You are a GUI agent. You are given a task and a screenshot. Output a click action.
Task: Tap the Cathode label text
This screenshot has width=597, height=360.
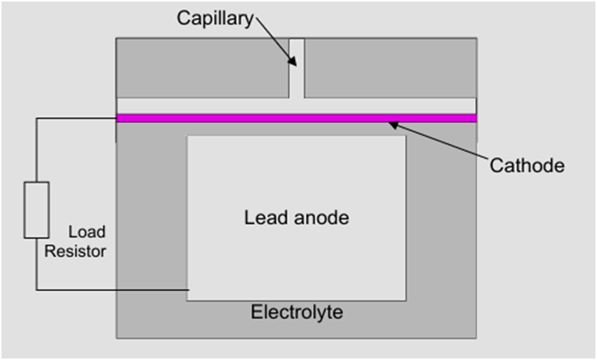[528, 165]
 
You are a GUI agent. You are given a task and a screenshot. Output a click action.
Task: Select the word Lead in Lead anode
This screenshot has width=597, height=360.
[260, 218]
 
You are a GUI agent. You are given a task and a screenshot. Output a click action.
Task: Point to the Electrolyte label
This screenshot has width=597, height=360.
[297, 313]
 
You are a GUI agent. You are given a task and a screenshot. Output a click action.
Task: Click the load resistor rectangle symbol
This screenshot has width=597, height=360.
[36, 209]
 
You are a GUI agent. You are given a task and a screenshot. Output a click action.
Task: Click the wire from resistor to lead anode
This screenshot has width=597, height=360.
[108, 290]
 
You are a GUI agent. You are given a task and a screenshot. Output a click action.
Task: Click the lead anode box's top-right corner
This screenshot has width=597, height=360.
[405, 136]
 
